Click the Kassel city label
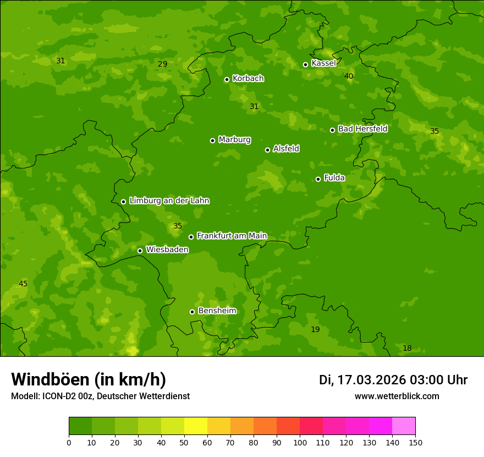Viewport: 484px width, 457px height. click(323, 63)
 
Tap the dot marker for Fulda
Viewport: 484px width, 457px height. click(318, 179)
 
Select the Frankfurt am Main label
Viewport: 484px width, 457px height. click(232, 236)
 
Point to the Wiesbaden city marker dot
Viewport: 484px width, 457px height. click(140, 251)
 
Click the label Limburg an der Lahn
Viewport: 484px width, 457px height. click(169, 200)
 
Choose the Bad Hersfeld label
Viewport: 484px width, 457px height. click(362, 129)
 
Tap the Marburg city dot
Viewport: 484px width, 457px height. click(212, 140)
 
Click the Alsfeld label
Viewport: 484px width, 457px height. click(286, 149)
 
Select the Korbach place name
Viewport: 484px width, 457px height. click(248, 78)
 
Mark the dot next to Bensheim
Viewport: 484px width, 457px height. click(192, 312)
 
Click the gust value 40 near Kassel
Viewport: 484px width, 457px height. click(349, 76)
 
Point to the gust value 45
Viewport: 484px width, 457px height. click(23, 284)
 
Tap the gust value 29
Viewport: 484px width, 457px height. click(162, 64)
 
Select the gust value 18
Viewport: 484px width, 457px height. click(407, 348)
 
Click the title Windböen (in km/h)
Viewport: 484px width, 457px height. click(89, 379)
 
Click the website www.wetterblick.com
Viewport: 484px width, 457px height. click(397, 396)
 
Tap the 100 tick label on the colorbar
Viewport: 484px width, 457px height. click(300, 442)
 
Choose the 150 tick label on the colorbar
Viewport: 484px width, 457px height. click(415, 442)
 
